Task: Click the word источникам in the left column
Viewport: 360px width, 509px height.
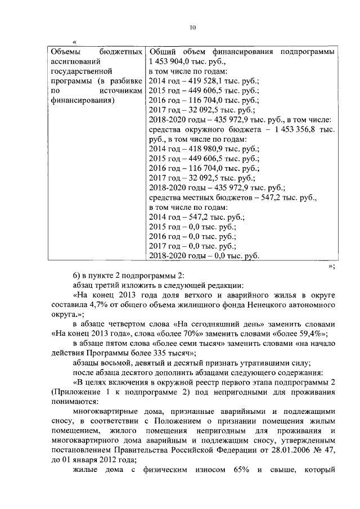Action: (x=119, y=91)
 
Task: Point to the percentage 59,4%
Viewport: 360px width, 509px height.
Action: (x=311, y=333)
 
